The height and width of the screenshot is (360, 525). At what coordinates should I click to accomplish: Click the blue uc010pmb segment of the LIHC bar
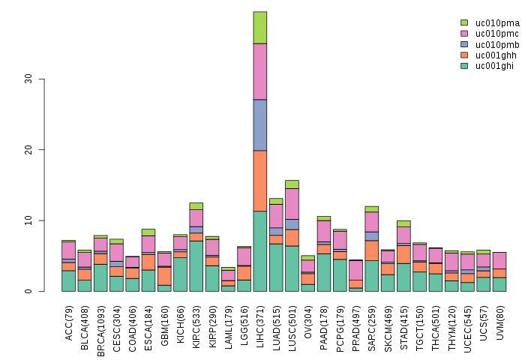[260, 124]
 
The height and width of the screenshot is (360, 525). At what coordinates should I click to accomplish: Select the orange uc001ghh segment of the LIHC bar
[260, 181]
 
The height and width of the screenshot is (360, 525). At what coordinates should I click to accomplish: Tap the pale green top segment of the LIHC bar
[260, 28]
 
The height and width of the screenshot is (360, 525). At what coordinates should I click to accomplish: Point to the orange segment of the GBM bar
[164, 275]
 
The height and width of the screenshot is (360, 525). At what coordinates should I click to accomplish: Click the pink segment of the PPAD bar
[355, 270]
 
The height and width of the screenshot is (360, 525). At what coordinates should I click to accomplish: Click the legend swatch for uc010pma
[464, 22]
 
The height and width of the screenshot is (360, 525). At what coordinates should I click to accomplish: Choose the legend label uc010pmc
[490, 34]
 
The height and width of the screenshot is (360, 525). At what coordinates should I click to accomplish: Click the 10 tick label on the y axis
[28, 220]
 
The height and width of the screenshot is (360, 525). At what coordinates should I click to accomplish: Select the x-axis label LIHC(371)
[260, 319]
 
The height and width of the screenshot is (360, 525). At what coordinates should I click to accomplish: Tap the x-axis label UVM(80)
[499, 318]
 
